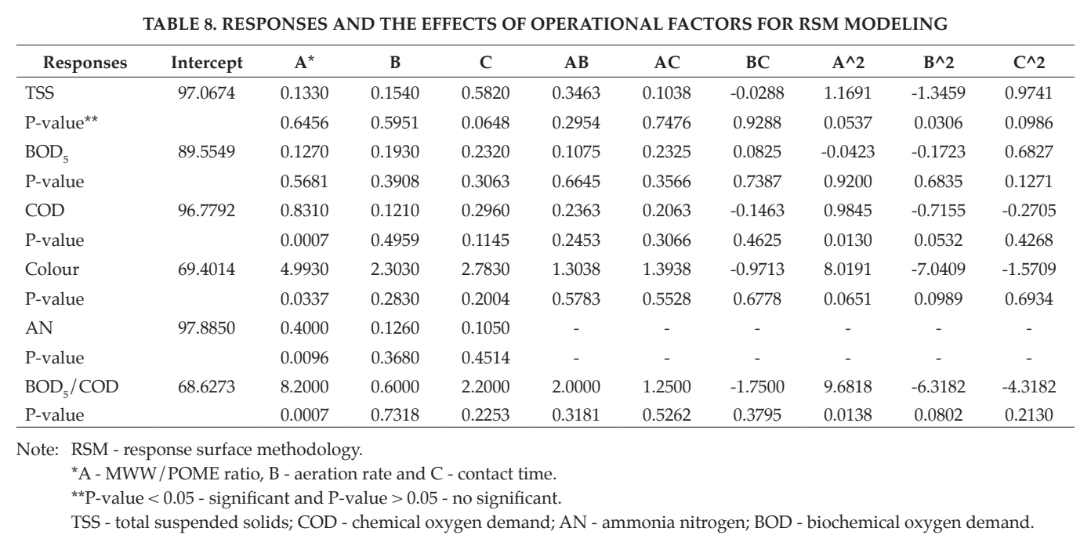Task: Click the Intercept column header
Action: tap(206, 63)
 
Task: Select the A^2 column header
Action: tap(848, 63)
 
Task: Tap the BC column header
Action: tap(757, 63)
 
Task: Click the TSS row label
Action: tap(39, 92)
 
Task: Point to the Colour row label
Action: tap(52, 269)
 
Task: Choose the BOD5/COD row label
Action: tap(71, 387)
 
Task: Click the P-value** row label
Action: tap(61, 123)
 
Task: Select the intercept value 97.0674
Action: tap(206, 92)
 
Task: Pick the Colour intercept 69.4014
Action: tap(206, 269)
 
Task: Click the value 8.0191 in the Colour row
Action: tap(848, 269)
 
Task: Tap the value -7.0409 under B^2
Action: tap(938, 269)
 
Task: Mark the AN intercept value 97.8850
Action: tap(206, 328)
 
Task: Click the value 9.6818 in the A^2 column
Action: tap(848, 386)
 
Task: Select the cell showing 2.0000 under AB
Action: tap(576, 386)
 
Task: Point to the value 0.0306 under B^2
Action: tap(938, 123)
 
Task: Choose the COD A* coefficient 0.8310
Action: tap(304, 210)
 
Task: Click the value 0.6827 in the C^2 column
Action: tap(1028, 152)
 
